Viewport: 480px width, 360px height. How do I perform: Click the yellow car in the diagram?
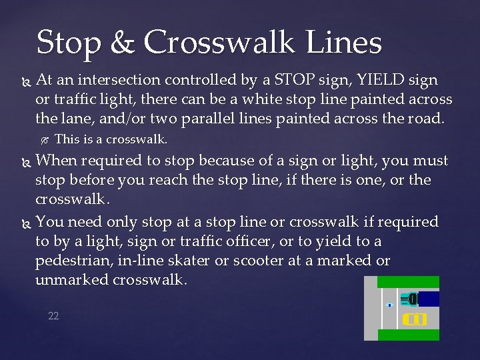point(415,319)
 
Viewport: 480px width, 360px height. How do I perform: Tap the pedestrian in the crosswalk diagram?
point(389,305)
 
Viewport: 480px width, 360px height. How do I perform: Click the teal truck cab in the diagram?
point(412,299)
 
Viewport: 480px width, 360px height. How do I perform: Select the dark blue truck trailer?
point(429,299)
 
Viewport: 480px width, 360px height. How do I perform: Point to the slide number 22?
point(53,316)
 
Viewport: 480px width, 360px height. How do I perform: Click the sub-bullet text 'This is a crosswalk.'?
point(111,140)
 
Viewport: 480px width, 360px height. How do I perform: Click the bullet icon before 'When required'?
point(25,161)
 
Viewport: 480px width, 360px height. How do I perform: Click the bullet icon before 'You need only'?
point(25,222)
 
